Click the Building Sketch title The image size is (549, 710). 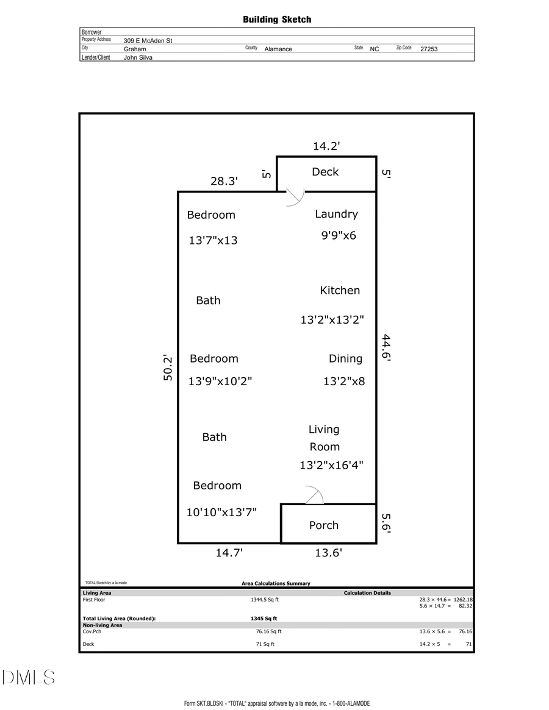tap(277, 20)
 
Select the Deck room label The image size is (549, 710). tap(325, 172)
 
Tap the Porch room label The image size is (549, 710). tap(323, 525)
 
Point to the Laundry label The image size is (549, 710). tap(336, 214)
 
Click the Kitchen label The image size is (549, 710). tap(340, 291)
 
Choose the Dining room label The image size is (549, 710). tap(345, 359)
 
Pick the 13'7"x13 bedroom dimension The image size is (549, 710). tap(213, 241)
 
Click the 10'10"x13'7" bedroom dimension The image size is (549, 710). tap(221, 513)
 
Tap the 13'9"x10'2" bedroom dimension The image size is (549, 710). tap(220, 382)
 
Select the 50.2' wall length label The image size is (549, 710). tap(168, 369)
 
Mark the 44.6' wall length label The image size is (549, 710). tap(386, 347)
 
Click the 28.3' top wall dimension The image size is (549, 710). tap(224, 181)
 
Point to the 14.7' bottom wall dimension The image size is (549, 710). tap(229, 553)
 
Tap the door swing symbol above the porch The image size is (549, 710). tap(314, 495)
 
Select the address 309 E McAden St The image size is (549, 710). tap(148, 41)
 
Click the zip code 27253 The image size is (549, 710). tap(429, 49)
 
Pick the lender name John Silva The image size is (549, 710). tap(138, 57)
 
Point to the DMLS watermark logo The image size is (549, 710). tap(28, 677)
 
